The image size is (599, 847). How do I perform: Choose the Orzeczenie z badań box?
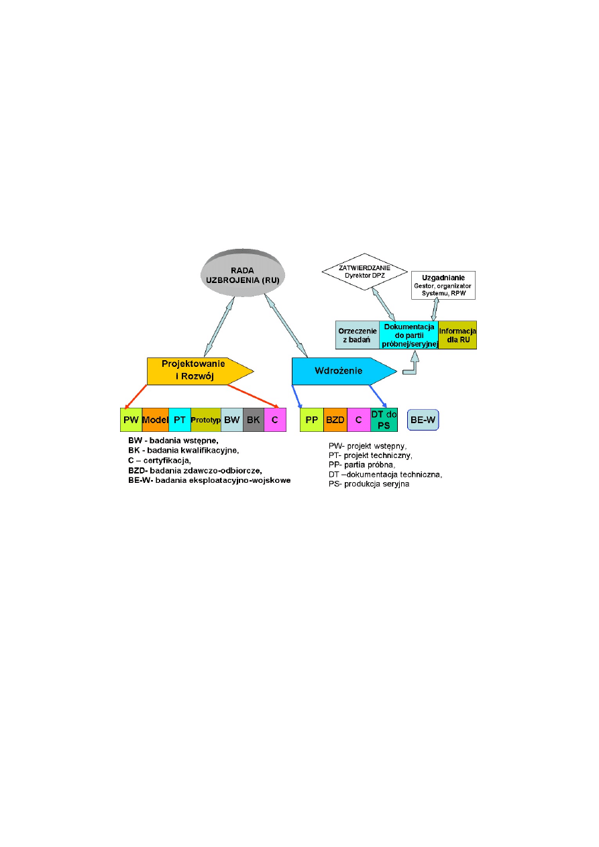point(357,335)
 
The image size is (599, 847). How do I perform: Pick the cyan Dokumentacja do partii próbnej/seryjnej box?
point(409,335)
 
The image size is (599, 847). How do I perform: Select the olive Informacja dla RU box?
point(457,335)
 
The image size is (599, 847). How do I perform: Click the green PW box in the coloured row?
point(131,419)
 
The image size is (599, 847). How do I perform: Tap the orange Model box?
point(155,419)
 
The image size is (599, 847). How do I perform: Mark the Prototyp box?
point(206,419)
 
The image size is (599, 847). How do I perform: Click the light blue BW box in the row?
point(231,419)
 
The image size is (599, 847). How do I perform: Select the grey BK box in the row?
point(253,419)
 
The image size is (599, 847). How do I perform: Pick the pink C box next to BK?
point(275,419)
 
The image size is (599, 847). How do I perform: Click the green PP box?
point(311,419)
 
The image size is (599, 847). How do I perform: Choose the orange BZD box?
point(335,419)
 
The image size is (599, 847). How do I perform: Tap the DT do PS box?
point(384,419)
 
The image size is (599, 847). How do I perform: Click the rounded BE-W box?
point(423,420)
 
